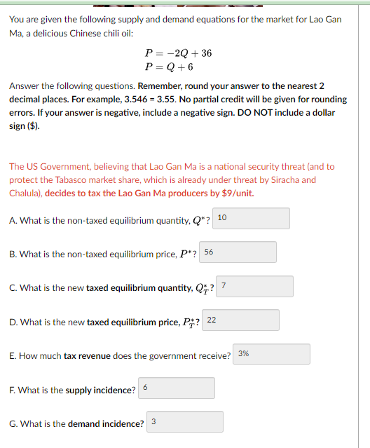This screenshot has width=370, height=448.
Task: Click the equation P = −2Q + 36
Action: coord(178,53)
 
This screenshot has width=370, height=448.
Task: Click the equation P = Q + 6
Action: coord(168,67)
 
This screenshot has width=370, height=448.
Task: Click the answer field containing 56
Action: coord(238,252)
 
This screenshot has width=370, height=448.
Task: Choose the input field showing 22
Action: coord(242,320)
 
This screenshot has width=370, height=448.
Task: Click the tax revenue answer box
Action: coord(272,354)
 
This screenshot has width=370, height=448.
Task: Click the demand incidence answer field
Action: coord(185,421)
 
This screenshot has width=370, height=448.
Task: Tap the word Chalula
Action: coord(26,193)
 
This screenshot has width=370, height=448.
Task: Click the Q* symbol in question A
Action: coord(199,221)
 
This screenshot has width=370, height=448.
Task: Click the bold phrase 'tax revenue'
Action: coord(87,356)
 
